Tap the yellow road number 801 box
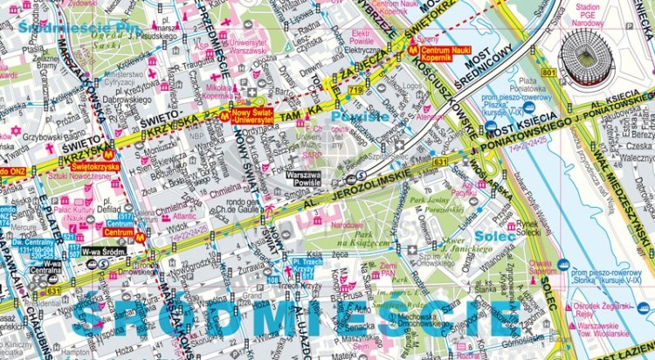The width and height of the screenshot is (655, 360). coord(548,71)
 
